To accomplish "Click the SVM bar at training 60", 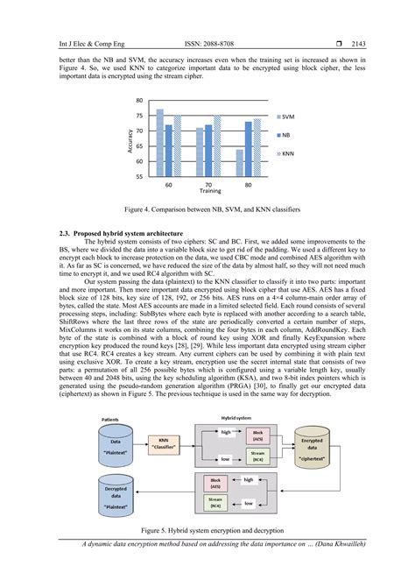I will click(x=159, y=142).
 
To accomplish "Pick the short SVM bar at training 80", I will click(x=239, y=162).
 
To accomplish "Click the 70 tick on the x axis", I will click(x=208, y=185).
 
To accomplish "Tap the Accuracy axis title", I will click(x=129, y=138).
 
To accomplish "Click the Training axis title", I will click(x=208, y=192).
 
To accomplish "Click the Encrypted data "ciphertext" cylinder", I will click(x=313, y=447).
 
